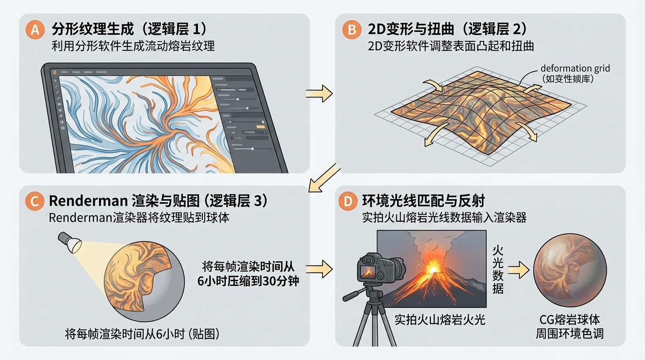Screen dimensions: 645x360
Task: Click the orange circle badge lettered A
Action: (35, 30)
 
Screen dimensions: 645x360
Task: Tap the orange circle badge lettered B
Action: (352, 30)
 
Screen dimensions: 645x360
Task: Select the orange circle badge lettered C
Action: (35, 201)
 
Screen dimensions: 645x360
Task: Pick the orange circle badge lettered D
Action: (348, 201)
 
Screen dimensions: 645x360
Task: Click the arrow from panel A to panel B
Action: (319, 94)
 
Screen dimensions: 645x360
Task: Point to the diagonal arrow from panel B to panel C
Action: (324, 177)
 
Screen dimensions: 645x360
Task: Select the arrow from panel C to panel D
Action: (319, 269)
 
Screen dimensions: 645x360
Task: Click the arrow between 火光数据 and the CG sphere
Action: (518, 270)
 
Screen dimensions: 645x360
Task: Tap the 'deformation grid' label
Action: (575, 68)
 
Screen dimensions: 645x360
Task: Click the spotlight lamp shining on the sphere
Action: (70, 242)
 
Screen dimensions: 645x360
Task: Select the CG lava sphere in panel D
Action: (570, 270)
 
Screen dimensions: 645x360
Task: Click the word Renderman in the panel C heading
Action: (88, 201)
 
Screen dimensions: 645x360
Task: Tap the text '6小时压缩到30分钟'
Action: (248, 281)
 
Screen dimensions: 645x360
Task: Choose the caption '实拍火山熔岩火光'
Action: (440, 320)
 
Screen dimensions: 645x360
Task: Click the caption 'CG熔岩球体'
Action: (570, 320)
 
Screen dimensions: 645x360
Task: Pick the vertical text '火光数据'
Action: (498, 270)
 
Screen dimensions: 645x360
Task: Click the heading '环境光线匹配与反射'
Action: (423, 201)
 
